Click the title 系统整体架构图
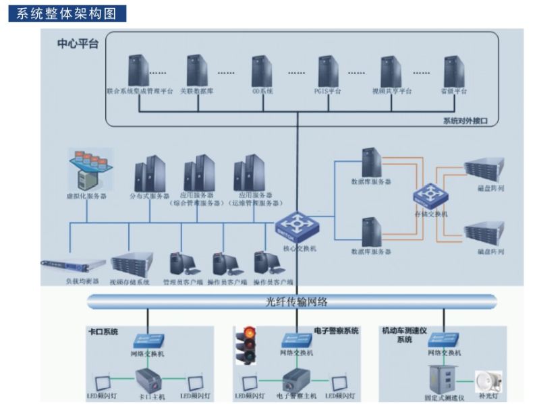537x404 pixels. [x=67, y=13]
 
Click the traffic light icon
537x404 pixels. [x=249, y=345]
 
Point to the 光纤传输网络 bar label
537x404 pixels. [x=292, y=301]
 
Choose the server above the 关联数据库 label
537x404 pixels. [x=196, y=70]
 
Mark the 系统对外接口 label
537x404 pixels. [x=465, y=121]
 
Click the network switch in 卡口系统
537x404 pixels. [x=147, y=339]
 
